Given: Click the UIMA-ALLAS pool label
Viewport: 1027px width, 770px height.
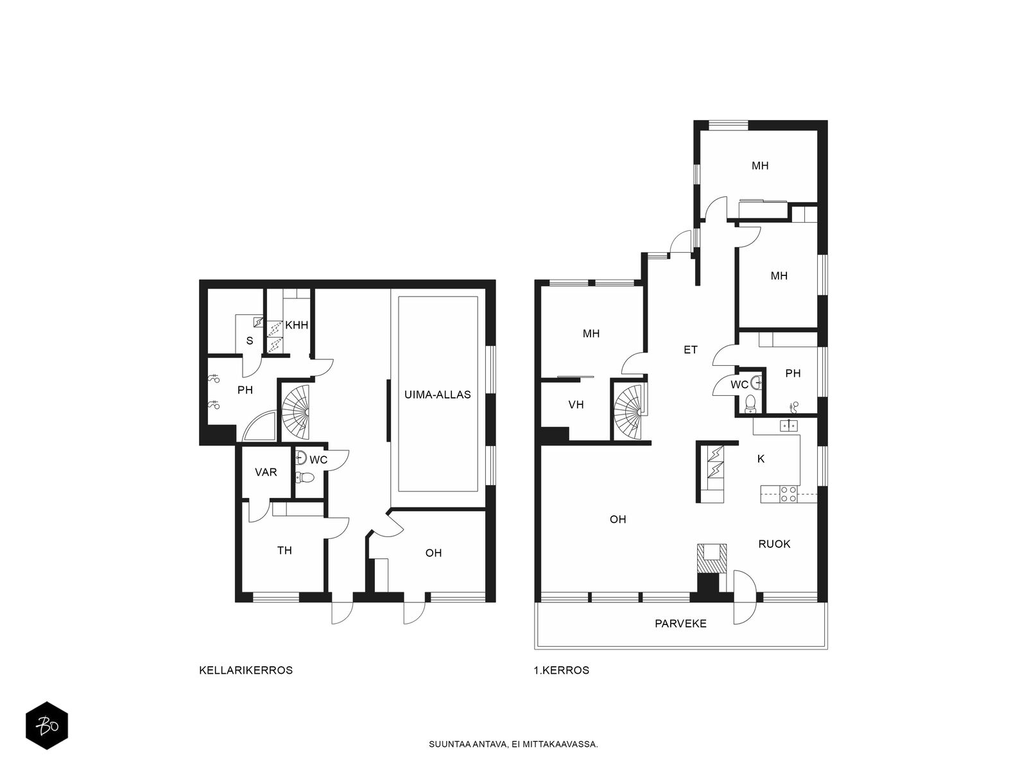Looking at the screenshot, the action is [437, 395].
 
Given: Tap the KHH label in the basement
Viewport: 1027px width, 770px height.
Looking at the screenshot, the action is [297, 325].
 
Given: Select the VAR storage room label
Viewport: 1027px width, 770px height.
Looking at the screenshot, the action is [266, 472].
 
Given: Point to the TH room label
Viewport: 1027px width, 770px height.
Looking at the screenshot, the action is [284, 551].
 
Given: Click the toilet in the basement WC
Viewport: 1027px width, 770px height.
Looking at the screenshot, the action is [306, 477].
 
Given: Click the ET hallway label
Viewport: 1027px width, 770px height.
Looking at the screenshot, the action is [691, 350].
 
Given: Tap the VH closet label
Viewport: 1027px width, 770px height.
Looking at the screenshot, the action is [576, 405].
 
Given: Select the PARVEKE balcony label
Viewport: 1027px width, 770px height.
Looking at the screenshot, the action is [680, 623].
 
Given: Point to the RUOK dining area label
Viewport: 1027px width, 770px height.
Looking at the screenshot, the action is [774, 543].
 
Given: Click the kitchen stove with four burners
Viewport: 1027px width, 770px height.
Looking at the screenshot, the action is [788, 495].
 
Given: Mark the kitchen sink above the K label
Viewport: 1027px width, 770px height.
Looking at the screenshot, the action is [789, 425].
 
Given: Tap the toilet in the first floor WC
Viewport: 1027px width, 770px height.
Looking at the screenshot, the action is [750, 404].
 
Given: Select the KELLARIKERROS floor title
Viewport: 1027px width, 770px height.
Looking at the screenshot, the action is [246, 670].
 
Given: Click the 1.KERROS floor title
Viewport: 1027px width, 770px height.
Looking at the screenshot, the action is [562, 670].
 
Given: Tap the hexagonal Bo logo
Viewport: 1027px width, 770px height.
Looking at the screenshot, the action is [47, 726].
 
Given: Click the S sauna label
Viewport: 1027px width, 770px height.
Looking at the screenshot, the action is [250, 341].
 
